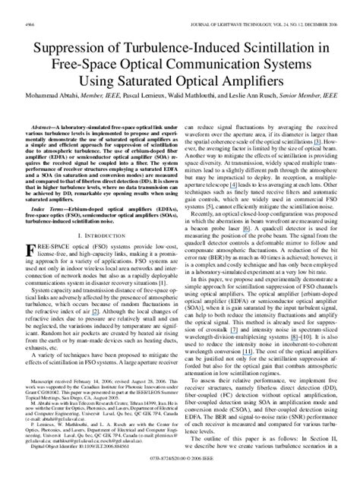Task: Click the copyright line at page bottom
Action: pos(180,470)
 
